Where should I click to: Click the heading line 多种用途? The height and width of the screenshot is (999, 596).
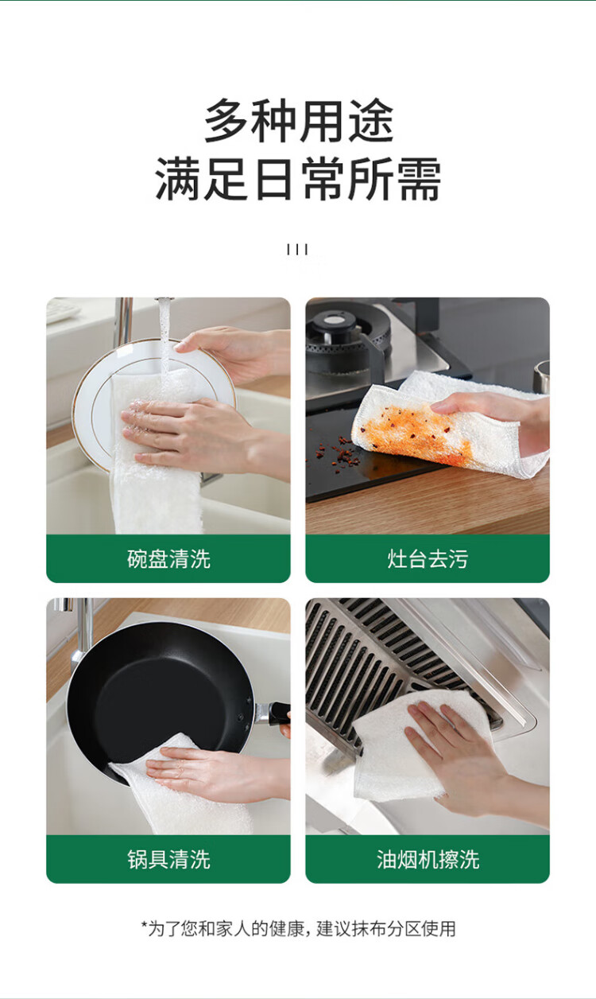pyautogui.click(x=299, y=120)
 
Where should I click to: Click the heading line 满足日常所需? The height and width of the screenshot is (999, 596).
pyautogui.click(x=298, y=179)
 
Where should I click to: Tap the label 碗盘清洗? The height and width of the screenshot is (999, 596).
pyautogui.click(x=168, y=559)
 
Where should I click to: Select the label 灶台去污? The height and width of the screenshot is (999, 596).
pyautogui.click(x=428, y=559)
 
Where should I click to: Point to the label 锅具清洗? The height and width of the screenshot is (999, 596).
pyautogui.click(x=168, y=859)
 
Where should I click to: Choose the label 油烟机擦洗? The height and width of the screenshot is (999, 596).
pyautogui.click(x=428, y=859)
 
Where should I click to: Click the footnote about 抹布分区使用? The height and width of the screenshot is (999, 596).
pyautogui.click(x=299, y=929)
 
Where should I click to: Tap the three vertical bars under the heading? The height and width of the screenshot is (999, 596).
pyautogui.click(x=297, y=249)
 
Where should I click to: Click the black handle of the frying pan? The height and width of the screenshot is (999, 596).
pyautogui.click(x=279, y=713)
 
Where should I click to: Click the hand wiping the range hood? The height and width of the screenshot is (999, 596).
pyautogui.click(x=463, y=754)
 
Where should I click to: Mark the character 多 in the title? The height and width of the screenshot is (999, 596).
pyautogui.click(x=226, y=120)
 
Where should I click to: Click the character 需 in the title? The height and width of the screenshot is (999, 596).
pyautogui.click(x=420, y=179)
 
